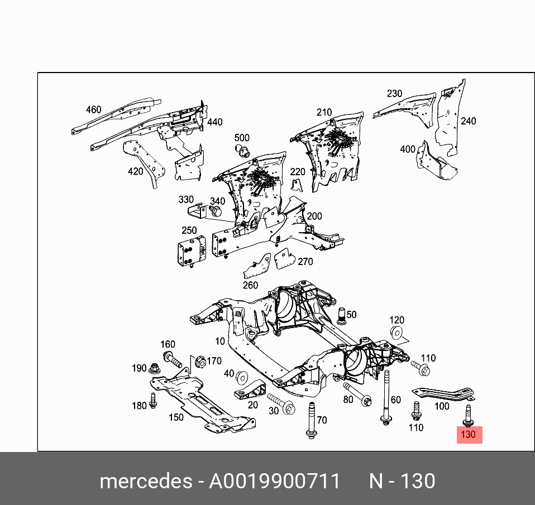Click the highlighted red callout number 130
click(469, 435)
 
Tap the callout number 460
click(93, 110)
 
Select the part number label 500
click(242, 138)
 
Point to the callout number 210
click(324, 113)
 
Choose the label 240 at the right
click(468, 121)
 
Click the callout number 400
click(408, 149)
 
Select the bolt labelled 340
click(216, 211)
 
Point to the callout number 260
click(250, 285)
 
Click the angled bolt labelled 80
click(357, 394)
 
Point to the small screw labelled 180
click(153, 401)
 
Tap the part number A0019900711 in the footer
click(274, 481)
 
